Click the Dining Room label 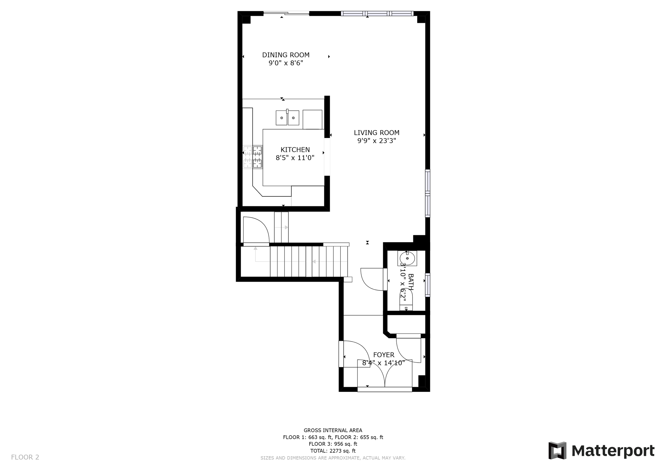click(286, 55)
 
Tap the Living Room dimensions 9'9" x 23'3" click(376, 141)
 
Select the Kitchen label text click(295, 150)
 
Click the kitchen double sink click(287, 118)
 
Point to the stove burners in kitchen click(253, 157)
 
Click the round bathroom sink click(407, 258)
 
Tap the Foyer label click(383, 355)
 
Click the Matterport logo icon click(557, 451)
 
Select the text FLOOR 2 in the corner click(25, 457)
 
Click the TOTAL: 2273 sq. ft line click(333, 451)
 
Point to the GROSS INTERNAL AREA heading click(333, 431)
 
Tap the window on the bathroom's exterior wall click(428, 285)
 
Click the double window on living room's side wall click(428, 193)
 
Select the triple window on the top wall click(377, 13)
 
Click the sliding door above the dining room click(286, 13)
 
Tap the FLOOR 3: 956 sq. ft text click(333, 444)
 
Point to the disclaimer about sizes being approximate click(333, 458)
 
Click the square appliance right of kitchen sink click(312, 119)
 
